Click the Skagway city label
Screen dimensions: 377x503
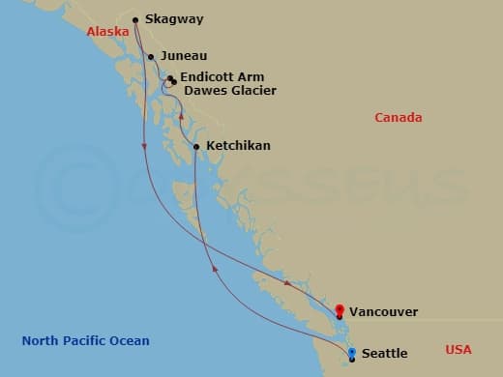pos(174,18)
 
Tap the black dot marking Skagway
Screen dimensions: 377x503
pos(135,19)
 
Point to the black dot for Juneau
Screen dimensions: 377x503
pos(151,57)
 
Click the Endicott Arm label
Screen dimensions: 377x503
pos(222,77)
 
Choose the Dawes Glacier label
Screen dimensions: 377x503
pos(229,91)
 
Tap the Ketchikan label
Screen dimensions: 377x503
pos(238,146)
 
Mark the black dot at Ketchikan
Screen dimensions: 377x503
pos(196,147)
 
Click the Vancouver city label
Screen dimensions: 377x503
pos(384,312)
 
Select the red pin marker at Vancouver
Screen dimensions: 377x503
pos(339,310)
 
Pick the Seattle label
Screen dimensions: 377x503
pos(383,354)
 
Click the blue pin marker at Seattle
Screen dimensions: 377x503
pos(352,353)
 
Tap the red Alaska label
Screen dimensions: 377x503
pos(107,32)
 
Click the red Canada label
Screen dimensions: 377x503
pos(399,118)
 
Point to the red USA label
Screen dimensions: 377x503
pos(459,349)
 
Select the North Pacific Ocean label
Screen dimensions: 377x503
pos(86,341)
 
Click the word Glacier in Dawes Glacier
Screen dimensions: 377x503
pos(252,91)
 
